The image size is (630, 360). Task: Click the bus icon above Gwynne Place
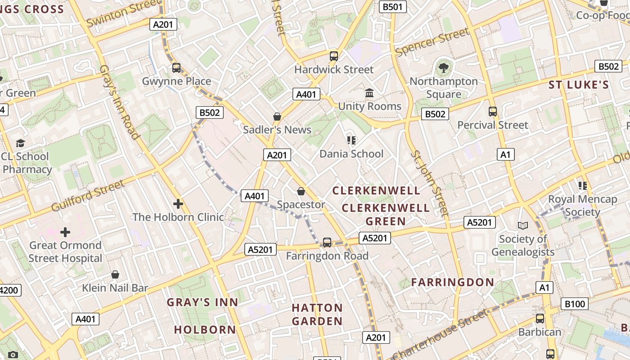pyautogui.click(x=176, y=68)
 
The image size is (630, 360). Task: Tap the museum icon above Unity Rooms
pyautogui.click(x=369, y=93)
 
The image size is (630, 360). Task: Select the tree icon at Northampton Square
pyautogui.click(x=444, y=68)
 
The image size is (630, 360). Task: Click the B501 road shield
pyautogui.click(x=393, y=7)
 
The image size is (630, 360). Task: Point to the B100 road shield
pyautogui.click(x=575, y=304)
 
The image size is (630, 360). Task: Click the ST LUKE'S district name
pyautogui.click(x=578, y=85)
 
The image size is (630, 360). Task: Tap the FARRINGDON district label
pyautogui.click(x=453, y=282)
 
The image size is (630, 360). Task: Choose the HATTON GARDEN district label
pyautogui.click(x=317, y=315)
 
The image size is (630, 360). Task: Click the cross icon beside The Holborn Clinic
pyautogui.click(x=178, y=204)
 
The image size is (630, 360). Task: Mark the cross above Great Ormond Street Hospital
pyautogui.click(x=65, y=232)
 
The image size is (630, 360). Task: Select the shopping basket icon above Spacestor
pyautogui.click(x=301, y=192)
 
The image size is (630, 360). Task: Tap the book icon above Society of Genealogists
pyautogui.click(x=522, y=225)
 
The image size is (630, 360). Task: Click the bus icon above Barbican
pyautogui.click(x=540, y=319)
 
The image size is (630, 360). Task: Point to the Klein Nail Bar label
pyautogui.click(x=115, y=288)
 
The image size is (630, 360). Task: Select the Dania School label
pyautogui.click(x=351, y=154)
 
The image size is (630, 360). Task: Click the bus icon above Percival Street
pyautogui.click(x=493, y=111)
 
